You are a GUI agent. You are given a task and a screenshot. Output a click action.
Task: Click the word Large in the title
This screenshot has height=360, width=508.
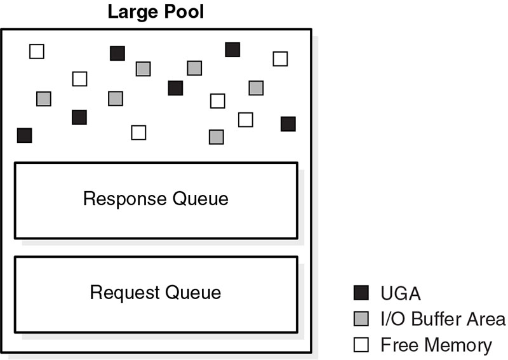[131, 12]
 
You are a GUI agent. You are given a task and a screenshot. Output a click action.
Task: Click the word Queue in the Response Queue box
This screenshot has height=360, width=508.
[201, 199]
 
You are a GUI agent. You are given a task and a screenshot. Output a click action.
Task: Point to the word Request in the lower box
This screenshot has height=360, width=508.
[125, 293]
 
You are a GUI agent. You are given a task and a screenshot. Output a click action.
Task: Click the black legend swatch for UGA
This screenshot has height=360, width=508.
[361, 293]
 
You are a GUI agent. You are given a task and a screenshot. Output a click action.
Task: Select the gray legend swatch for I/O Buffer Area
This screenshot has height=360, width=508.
[361, 319]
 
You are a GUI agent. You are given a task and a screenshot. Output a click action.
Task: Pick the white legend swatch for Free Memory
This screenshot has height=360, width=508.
[361, 345]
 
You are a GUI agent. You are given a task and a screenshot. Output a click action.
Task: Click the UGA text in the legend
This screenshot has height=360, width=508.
[401, 293]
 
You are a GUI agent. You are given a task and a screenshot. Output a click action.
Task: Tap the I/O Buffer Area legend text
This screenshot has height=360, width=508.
[443, 319]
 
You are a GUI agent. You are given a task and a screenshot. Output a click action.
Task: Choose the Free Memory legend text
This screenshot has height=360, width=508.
[436, 345]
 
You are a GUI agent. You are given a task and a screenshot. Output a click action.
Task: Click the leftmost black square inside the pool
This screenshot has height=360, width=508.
[24, 135]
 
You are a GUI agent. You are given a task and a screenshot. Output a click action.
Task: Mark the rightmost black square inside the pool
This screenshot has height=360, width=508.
[288, 124]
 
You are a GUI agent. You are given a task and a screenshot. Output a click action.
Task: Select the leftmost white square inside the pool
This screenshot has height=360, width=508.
[37, 51]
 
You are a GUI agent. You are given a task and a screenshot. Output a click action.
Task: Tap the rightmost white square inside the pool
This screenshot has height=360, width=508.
[280, 58]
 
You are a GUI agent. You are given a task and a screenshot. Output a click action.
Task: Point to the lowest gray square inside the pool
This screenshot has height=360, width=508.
[216, 137]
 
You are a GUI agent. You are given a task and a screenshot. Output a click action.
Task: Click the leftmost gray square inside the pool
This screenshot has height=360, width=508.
[43, 99]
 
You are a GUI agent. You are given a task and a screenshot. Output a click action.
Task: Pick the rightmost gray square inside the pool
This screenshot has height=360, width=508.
[256, 88]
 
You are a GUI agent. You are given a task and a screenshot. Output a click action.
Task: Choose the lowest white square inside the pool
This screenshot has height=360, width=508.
[138, 132]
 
